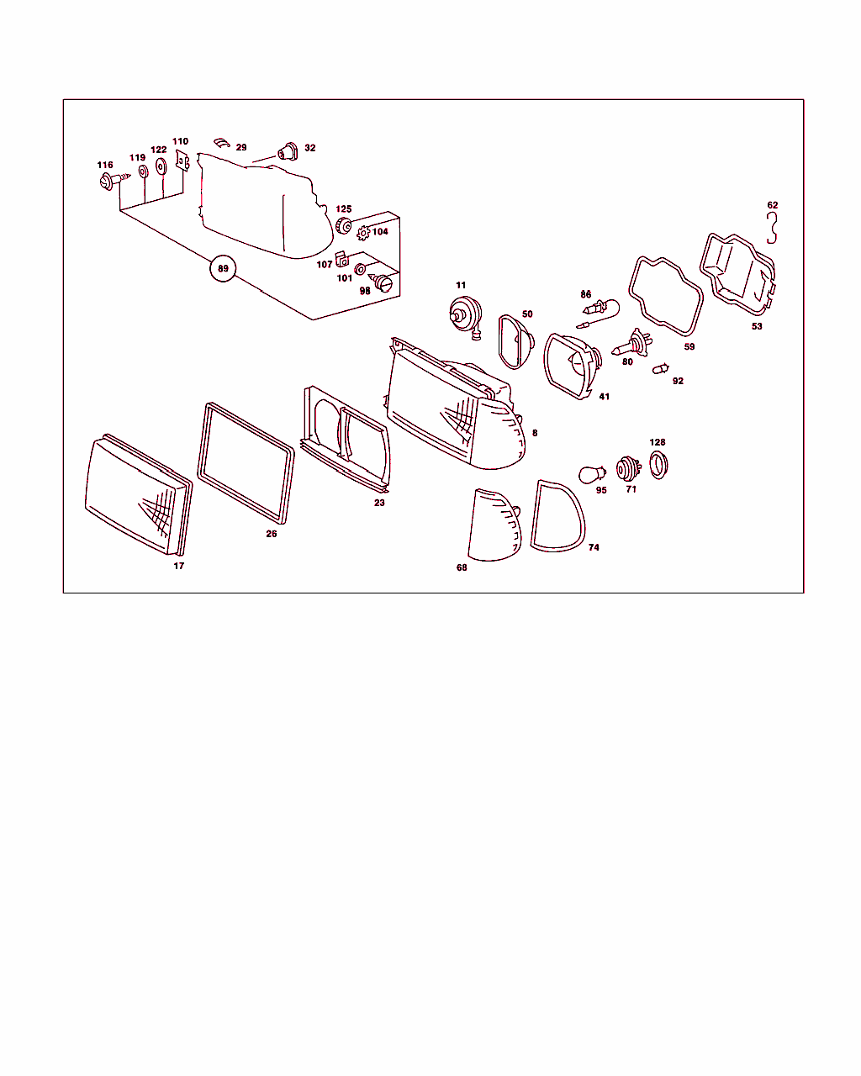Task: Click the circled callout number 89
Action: click(x=223, y=268)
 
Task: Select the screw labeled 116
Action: click(x=114, y=181)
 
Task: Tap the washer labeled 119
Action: click(x=143, y=172)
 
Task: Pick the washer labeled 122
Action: click(x=161, y=166)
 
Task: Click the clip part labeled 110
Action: click(x=182, y=160)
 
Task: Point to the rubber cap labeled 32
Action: click(x=288, y=151)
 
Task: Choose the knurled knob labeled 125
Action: click(x=343, y=225)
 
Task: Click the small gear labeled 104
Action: click(x=363, y=233)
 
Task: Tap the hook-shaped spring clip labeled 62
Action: click(x=773, y=228)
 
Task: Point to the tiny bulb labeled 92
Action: click(x=661, y=369)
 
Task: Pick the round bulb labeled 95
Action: click(x=592, y=474)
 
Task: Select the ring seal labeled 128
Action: click(x=658, y=465)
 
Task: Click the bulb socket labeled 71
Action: click(x=628, y=468)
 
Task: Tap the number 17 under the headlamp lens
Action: click(x=179, y=566)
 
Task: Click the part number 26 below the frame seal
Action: click(x=271, y=534)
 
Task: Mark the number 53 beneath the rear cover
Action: click(x=757, y=326)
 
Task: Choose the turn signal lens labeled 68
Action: click(x=494, y=525)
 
